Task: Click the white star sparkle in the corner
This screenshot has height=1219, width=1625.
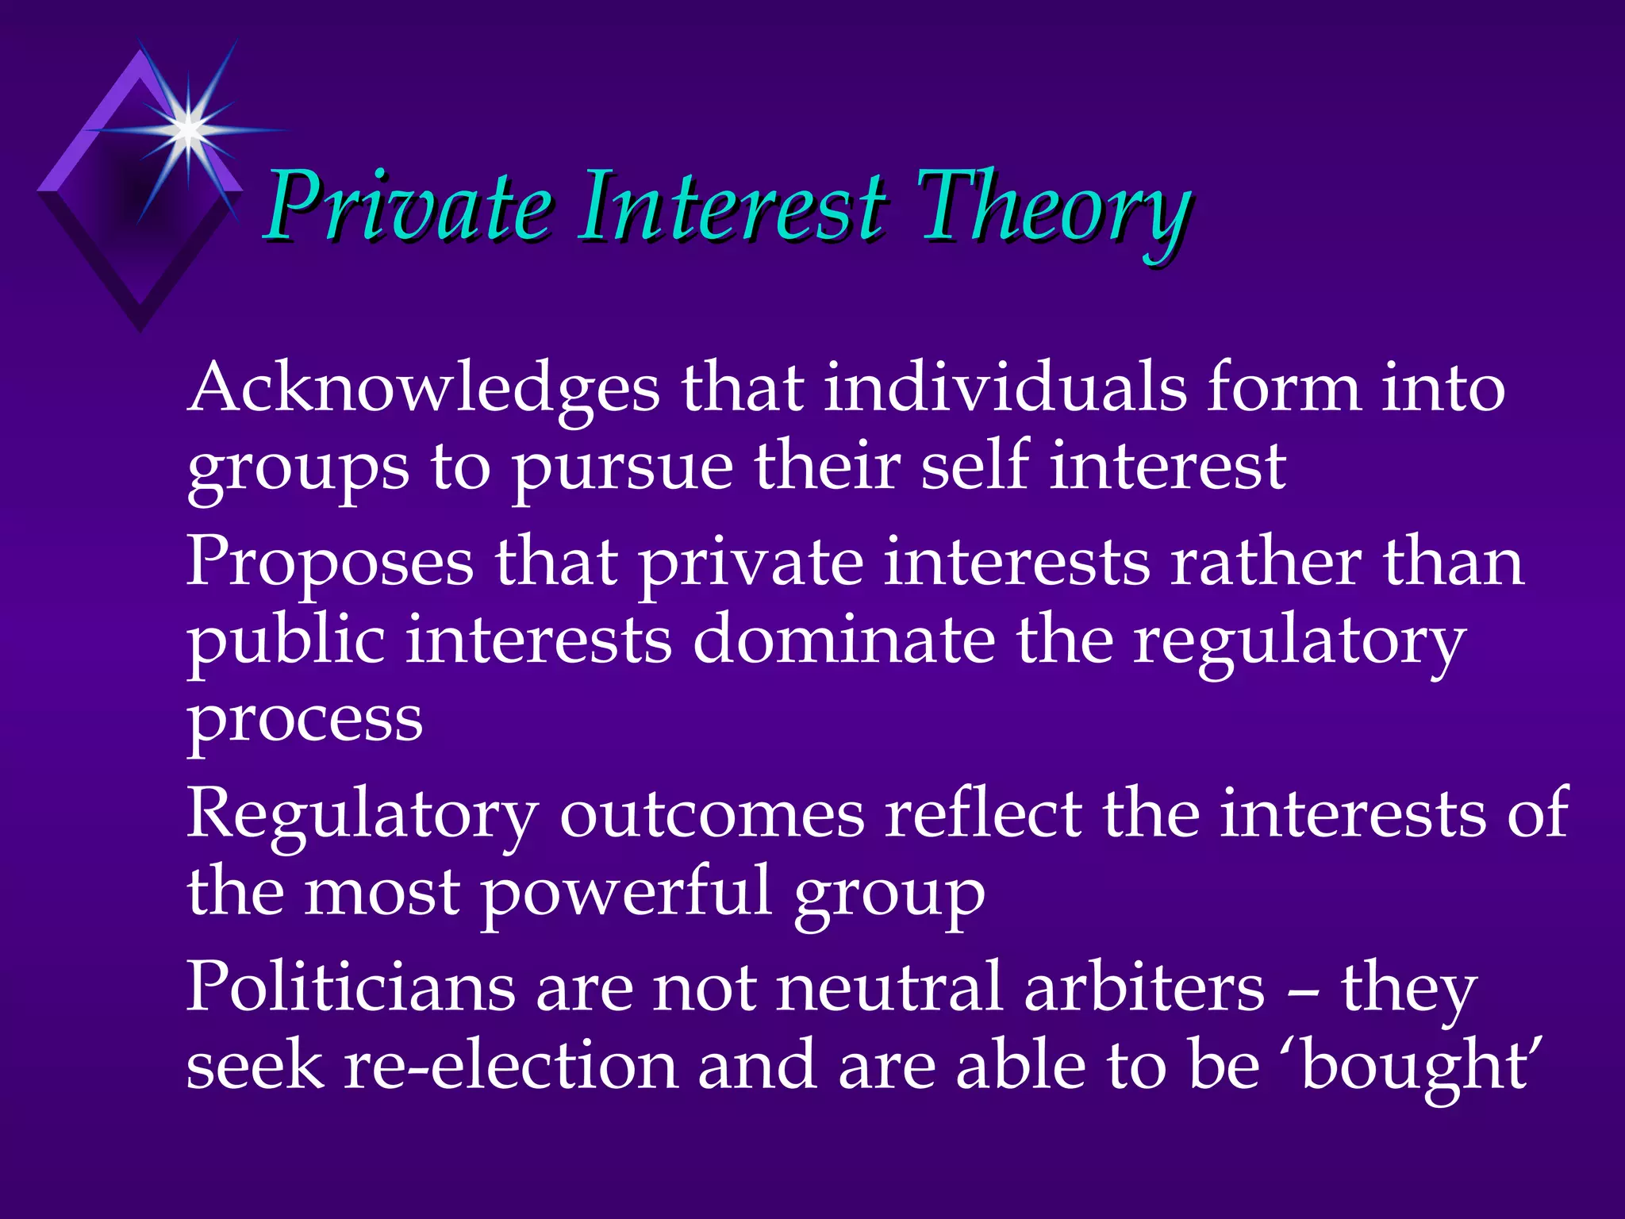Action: click(188, 127)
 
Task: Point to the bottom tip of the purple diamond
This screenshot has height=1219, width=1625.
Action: click(140, 329)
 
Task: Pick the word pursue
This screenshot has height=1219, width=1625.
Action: click(623, 468)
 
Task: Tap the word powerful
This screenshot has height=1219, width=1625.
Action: click(627, 894)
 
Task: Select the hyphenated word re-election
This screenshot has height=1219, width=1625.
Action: click(511, 1066)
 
